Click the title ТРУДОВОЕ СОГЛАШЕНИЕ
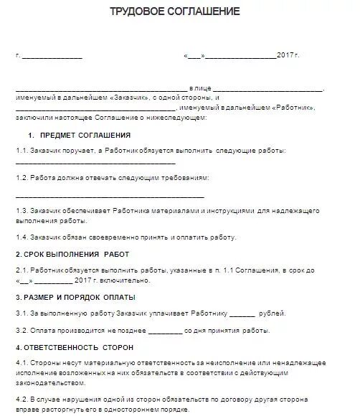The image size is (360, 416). coord(174,12)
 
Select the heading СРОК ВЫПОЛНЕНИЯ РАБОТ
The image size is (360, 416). coord(72,254)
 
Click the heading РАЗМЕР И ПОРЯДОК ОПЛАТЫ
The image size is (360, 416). coord(75,297)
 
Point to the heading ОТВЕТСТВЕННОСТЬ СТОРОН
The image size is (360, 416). coord(75,347)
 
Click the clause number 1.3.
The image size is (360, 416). coord(22,212)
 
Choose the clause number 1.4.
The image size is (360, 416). coord(22,237)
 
